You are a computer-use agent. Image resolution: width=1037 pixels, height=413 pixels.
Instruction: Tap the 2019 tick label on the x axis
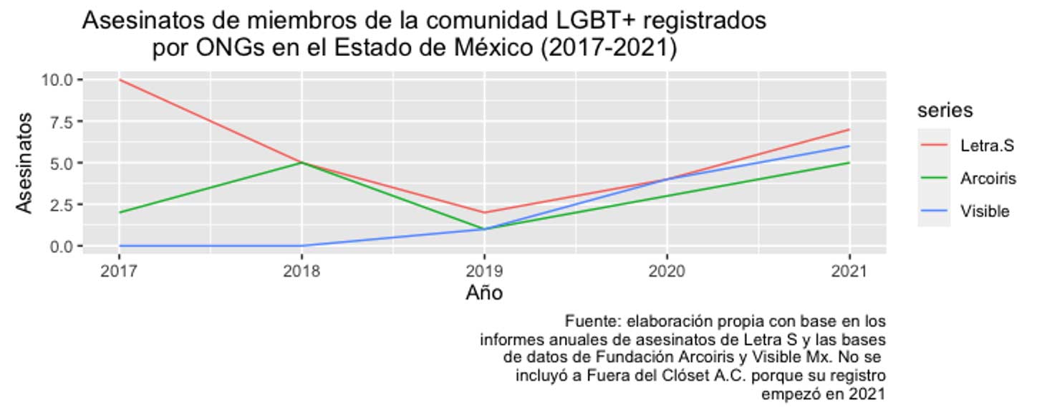[x=484, y=272]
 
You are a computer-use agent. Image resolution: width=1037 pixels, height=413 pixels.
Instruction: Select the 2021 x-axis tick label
[x=849, y=272]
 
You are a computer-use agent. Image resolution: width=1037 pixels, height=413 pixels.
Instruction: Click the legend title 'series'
[x=945, y=110]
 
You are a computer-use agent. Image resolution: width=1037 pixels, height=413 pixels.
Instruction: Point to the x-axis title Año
[x=484, y=293]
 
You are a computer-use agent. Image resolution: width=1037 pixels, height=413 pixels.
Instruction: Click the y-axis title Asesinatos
[x=25, y=163]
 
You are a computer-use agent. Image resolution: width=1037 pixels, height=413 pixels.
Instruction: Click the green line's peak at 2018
[x=302, y=163]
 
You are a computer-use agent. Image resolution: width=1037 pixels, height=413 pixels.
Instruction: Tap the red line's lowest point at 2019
[x=484, y=212]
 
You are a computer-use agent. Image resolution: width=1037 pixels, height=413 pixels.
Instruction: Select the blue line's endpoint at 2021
[x=849, y=146]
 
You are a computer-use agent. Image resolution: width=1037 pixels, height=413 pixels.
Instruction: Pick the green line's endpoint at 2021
[x=849, y=163]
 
